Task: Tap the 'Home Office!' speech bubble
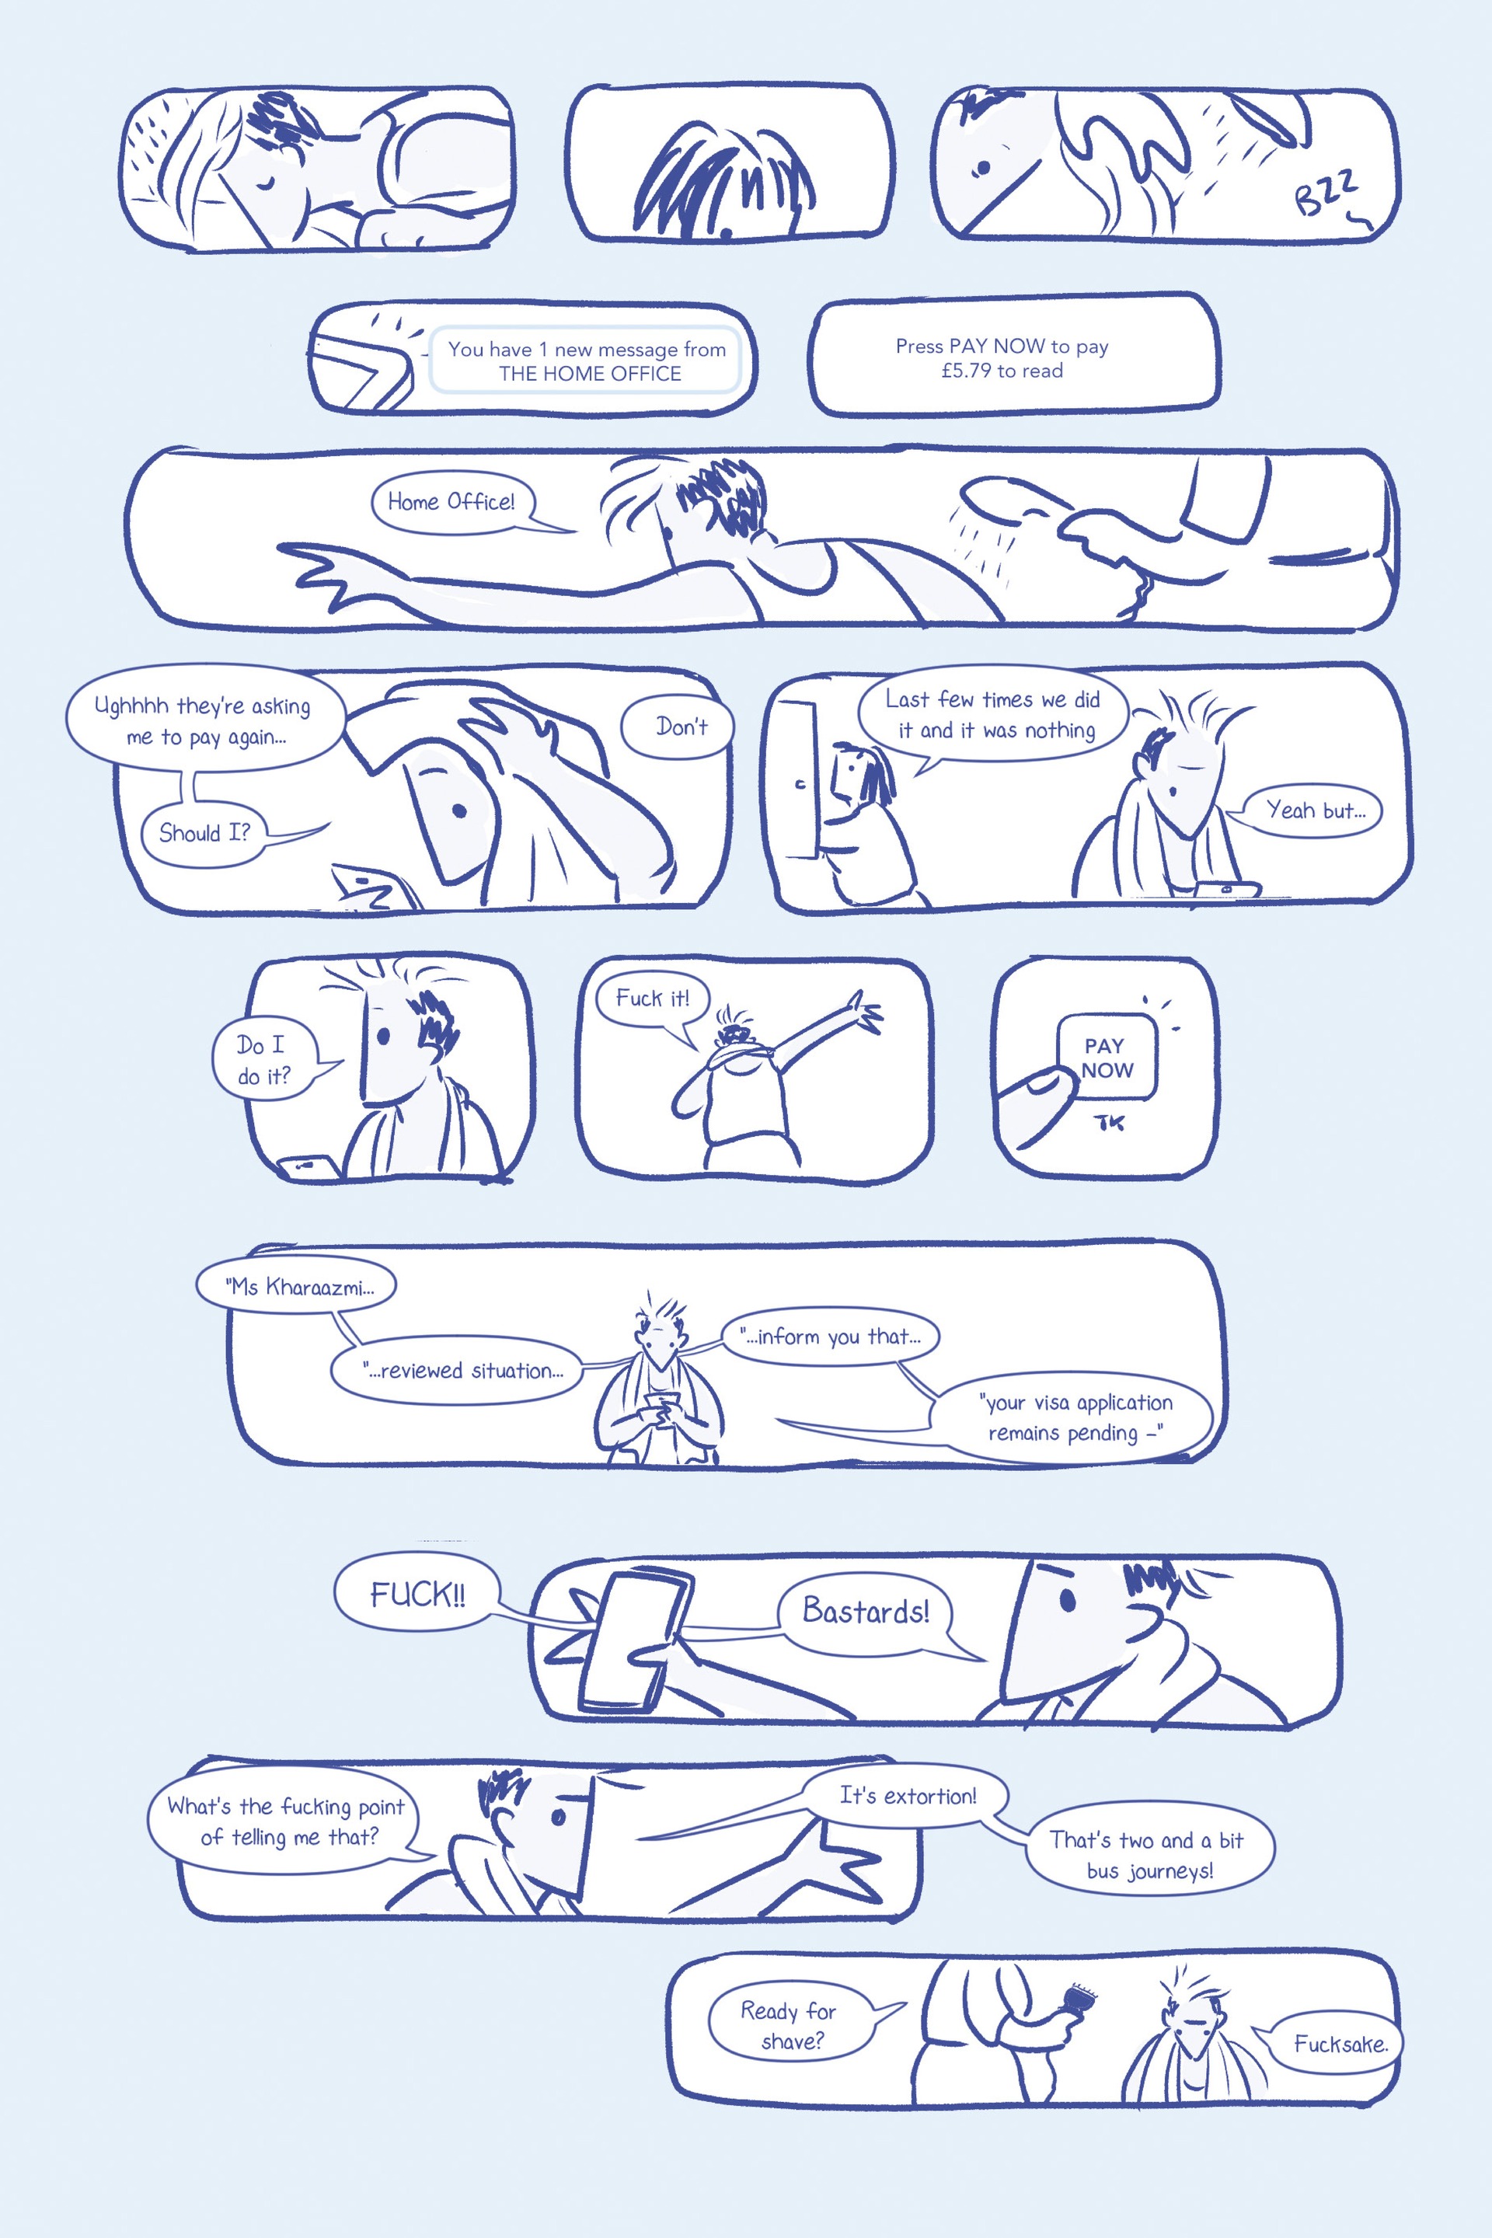click(452, 503)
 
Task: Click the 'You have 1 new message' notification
click(586, 361)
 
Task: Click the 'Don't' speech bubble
click(678, 728)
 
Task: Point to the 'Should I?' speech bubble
click(203, 834)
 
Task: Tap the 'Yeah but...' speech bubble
click(1311, 810)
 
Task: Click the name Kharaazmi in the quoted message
click(319, 1288)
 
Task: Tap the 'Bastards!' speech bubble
click(865, 1611)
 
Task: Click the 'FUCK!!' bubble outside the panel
click(416, 1594)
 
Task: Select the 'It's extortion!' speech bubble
click(906, 1796)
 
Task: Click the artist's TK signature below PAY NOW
click(1110, 1123)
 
